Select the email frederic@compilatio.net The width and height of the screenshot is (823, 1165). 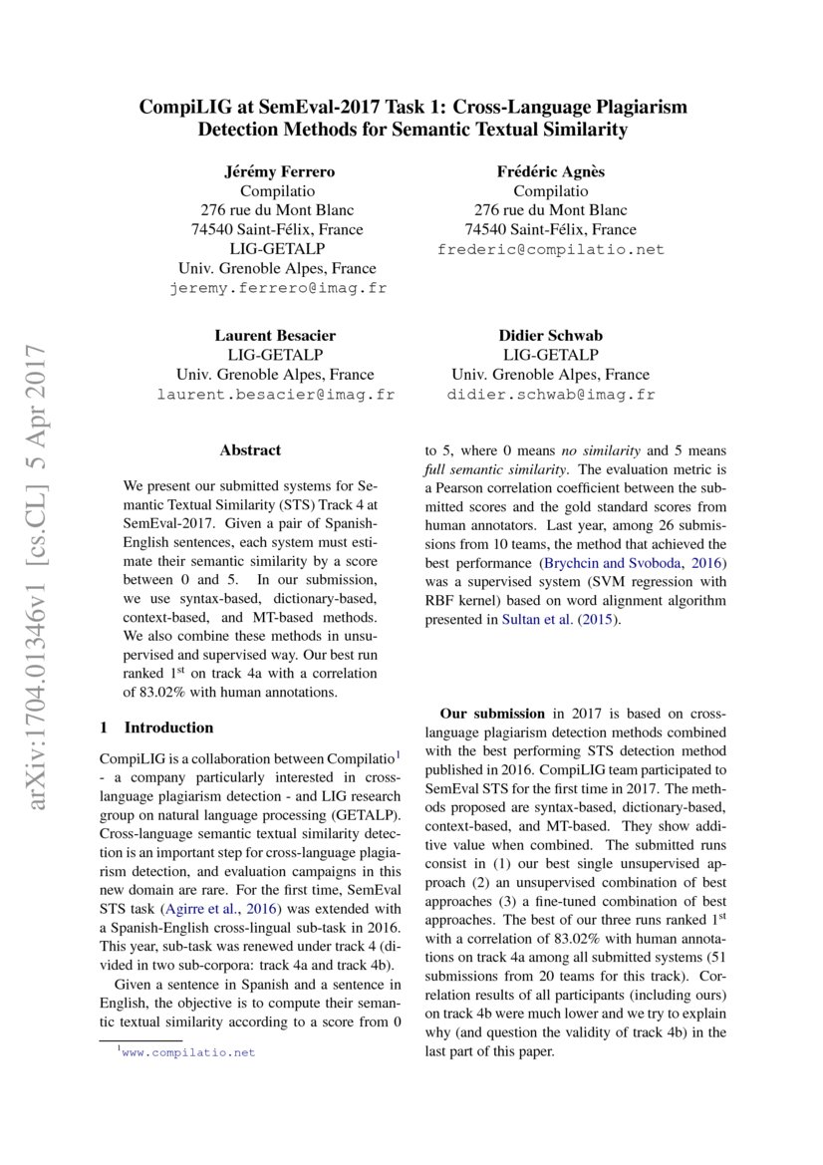(x=550, y=249)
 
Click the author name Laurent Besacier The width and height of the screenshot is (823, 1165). (x=275, y=335)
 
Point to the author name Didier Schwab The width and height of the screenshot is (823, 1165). (x=550, y=335)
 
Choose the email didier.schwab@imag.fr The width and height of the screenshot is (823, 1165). (x=550, y=395)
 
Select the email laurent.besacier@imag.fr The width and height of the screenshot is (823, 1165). (x=276, y=395)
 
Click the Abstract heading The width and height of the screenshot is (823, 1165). (x=250, y=450)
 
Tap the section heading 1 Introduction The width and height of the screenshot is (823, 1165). (x=158, y=728)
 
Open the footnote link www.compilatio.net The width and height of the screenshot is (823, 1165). (x=188, y=1052)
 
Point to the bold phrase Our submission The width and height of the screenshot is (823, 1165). (x=492, y=714)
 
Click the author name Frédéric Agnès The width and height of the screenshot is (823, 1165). (x=550, y=171)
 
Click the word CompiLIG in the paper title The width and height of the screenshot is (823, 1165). (x=181, y=107)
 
